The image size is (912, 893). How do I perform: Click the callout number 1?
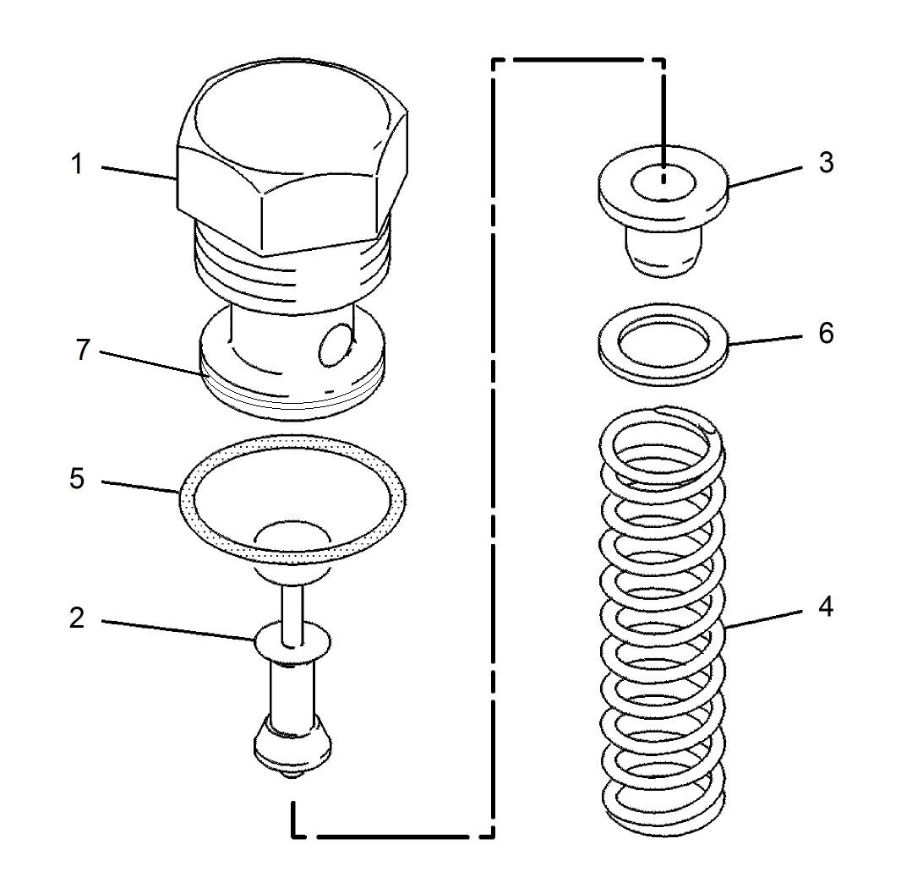coord(77,164)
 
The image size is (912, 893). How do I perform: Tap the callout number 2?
coord(77,618)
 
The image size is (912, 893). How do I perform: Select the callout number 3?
coord(826,162)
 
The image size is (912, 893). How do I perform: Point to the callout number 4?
coord(826,607)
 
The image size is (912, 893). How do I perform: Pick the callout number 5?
coord(77,479)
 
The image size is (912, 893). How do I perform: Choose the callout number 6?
coord(826,332)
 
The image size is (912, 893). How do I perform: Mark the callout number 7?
coord(82,349)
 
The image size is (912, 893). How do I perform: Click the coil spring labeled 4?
coord(664,625)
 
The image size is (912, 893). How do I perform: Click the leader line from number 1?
coord(139,172)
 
